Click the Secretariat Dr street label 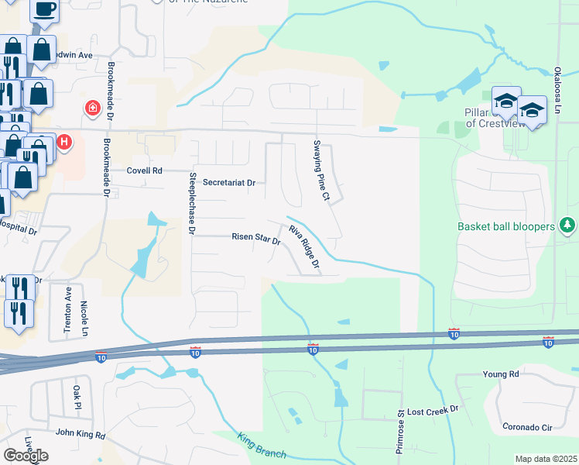pos(228,183)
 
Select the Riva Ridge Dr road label pos(304,248)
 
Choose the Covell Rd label pos(145,170)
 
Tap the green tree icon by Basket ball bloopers pos(568,226)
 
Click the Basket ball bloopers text pos(506,226)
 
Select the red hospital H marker pos(65,143)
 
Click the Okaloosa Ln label pos(557,94)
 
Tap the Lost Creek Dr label pos(433,409)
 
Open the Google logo pos(26,455)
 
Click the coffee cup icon pos(43,9)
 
